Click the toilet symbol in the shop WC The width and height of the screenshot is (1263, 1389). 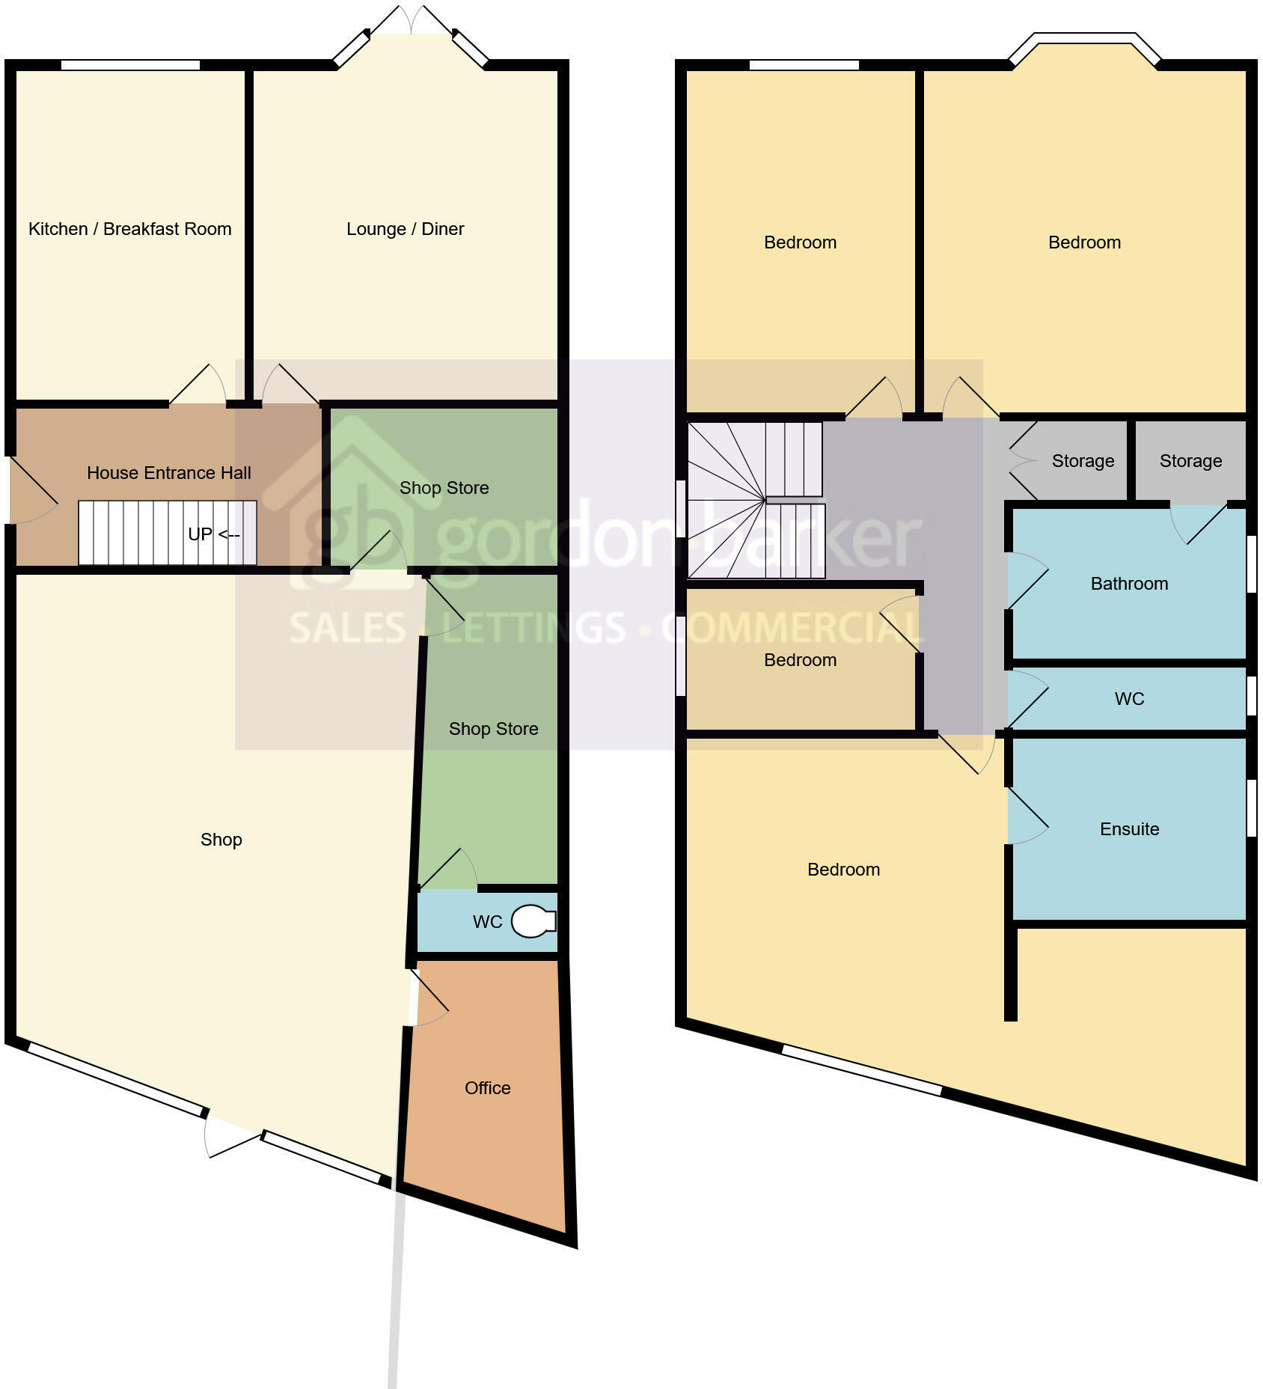[x=533, y=921]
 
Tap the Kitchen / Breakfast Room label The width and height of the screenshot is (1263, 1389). [x=129, y=229]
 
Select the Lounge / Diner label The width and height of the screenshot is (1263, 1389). [x=405, y=229]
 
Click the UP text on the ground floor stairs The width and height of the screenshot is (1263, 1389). [x=200, y=534]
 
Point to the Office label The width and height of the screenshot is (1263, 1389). [x=487, y=1088]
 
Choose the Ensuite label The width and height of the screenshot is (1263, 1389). [x=1129, y=829]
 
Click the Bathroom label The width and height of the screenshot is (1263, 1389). [x=1129, y=584]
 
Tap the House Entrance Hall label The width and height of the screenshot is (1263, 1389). [x=168, y=473]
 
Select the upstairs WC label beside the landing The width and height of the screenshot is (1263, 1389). [x=1129, y=699]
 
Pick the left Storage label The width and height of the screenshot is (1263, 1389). [x=1083, y=461]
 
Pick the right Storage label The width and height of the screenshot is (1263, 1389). [x=1190, y=461]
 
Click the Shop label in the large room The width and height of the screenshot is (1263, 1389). [x=221, y=840]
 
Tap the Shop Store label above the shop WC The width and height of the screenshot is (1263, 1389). [x=493, y=729]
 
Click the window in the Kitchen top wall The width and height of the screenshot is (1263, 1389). [x=130, y=65]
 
